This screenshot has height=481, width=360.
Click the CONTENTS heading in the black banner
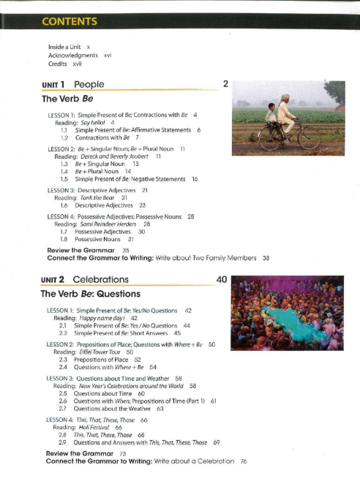pyautogui.click(x=70, y=20)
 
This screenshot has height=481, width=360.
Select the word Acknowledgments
pyautogui.click(x=72, y=55)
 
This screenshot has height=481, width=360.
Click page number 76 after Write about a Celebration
pyautogui.click(x=243, y=461)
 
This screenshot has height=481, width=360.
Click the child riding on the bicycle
pyautogui.click(x=271, y=115)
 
